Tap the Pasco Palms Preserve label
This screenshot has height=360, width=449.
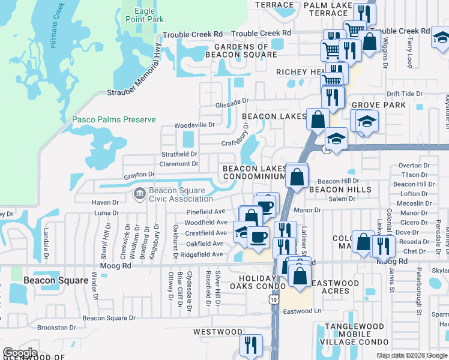pos(114,119)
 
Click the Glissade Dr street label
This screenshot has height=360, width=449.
pos(232,103)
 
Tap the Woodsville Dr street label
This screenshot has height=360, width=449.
pos(194,125)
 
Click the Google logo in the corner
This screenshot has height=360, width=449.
pos(20,353)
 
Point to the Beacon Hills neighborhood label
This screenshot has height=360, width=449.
pos(340,190)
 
